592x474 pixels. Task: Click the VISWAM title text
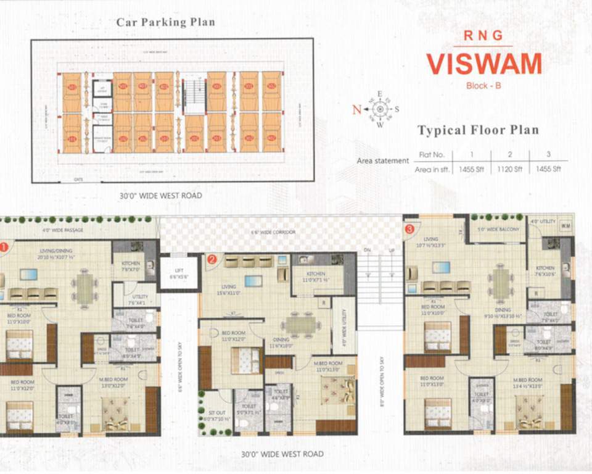point(484,64)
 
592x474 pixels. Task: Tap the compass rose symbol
point(380,109)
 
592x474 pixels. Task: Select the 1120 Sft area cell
point(509,168)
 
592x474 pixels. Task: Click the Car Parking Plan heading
point(166,22)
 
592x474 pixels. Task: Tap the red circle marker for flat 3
point(409,230)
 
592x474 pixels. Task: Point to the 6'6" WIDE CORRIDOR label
point(273,232)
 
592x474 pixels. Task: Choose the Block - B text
point(483,86)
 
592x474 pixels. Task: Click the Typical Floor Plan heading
point(478,130)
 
